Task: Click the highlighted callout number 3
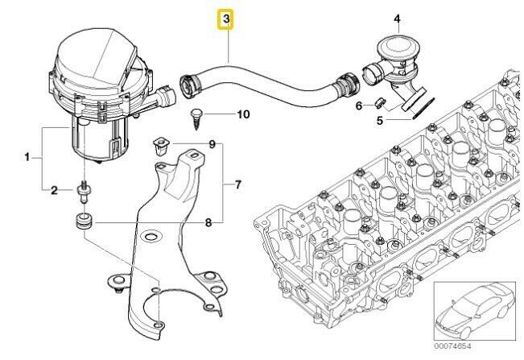(228, 18)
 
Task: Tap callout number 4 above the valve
(397, 18)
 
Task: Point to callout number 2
(55, 191)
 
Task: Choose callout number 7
(237, 185)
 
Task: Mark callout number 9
(212, 144)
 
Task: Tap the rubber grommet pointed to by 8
(82, 221)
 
